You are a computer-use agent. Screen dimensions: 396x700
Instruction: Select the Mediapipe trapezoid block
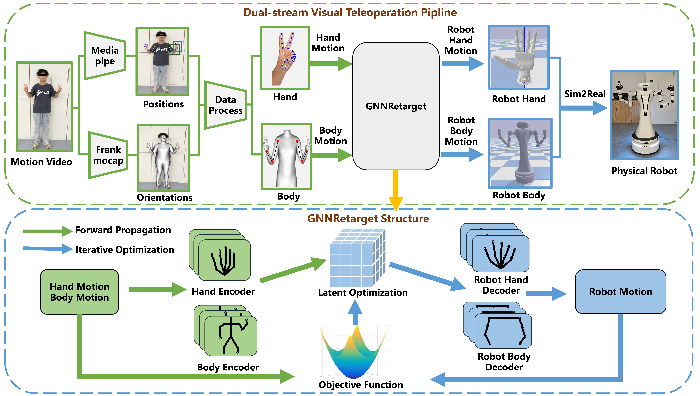pyautogui.click(x=105, y=56)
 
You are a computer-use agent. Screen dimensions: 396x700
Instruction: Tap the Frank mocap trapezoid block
pyautogui.click(x=108, y=155)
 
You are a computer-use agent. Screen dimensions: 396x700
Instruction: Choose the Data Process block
pyautogui.click(x=225, y=105)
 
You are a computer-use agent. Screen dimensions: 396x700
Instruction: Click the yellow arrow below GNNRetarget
pyautogui.click(x=396, y=190)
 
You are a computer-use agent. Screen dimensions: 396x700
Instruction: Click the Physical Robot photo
pyautogui.click(x=644, y=115)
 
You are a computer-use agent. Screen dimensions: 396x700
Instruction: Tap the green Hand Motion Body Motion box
pyautogui.click(x=80, y=292)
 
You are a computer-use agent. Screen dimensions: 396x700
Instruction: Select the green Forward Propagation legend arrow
pyautogui.click(x=48, y=231)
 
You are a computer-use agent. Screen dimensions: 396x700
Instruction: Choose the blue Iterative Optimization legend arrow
pyautogui.click(x=48, y=249)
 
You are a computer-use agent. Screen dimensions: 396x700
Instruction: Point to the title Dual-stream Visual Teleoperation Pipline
pyautogui.click(x=350, y=12)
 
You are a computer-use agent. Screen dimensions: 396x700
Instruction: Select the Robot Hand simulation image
pyautogui.click(x=519, y=57)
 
